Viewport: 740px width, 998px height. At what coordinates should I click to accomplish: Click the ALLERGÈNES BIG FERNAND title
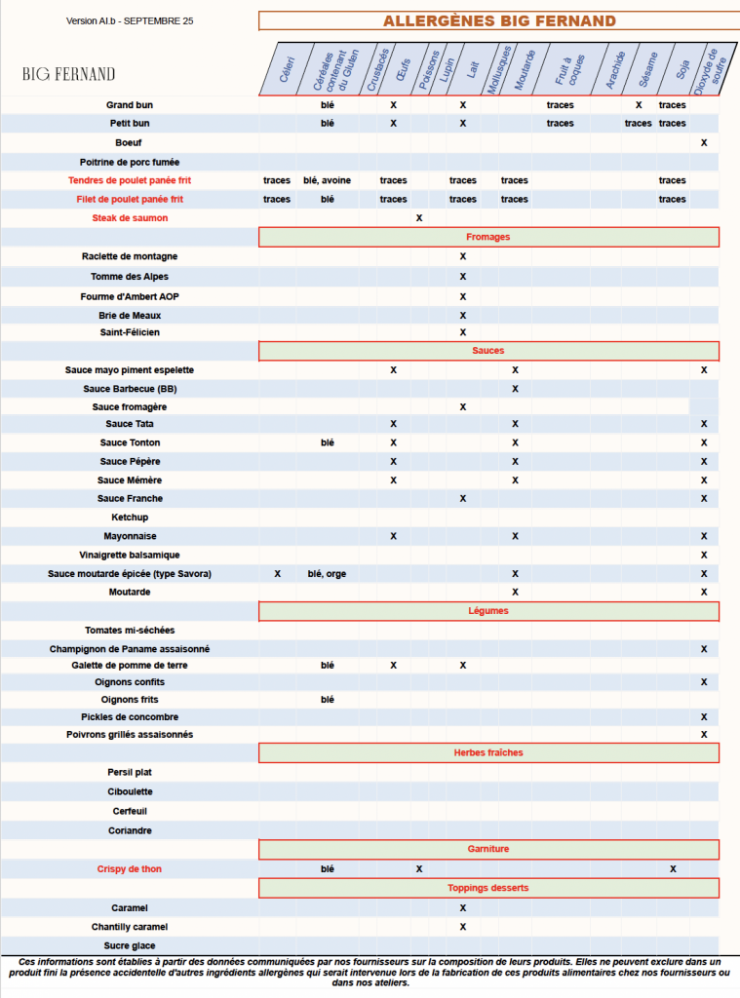coord(498,21)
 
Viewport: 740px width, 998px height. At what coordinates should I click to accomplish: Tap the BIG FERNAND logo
coord(69,74)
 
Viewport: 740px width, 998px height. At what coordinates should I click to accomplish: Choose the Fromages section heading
coord(488,237)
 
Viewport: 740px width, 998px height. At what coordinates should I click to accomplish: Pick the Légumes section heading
coord(488,611)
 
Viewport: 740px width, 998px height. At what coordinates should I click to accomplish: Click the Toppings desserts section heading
coord(488,888)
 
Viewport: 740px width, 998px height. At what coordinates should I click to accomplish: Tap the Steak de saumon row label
coord(130,218)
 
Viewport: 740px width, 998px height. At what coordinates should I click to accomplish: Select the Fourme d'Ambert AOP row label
coord(130,296)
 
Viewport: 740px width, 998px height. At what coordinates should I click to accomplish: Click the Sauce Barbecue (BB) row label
coord(130,389)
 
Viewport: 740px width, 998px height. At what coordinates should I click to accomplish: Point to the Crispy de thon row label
coord(130,868)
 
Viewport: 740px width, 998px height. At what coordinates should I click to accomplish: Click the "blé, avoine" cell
coord(328,180)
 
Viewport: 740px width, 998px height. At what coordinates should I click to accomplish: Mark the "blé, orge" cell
coord(328,574)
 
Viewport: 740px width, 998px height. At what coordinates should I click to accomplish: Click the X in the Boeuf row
coord(704,143)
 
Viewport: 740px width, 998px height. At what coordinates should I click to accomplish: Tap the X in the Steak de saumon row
coord(419,218)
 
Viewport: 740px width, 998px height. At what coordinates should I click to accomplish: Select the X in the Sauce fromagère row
coord(463,406)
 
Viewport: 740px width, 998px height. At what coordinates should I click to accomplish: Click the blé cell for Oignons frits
coord(328,700)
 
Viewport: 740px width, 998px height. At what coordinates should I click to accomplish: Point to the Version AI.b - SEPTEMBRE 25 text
coord(130,21)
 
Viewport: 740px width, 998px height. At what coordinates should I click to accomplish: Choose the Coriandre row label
coord(130,830)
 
